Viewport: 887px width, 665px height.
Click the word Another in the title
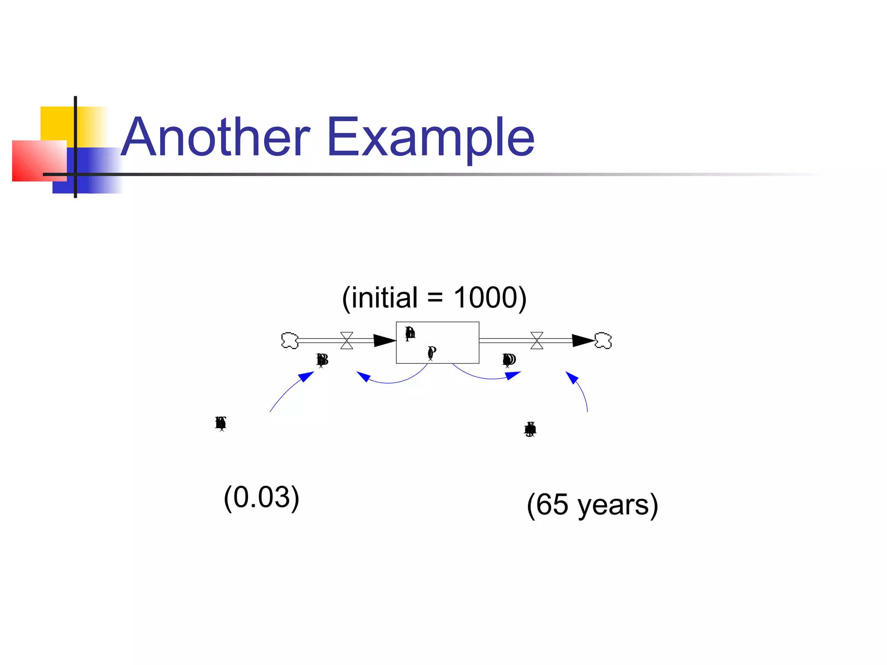pyautogui.click(x=215, y=138)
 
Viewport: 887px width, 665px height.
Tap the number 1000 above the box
pyautogui.click(x=485, y=298)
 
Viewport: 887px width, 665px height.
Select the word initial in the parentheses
pyautogui.click(x=384, y=298)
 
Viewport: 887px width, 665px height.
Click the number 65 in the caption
pyautogui.click(x=552, y=505)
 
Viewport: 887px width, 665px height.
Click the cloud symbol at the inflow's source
pyautogui.click(x=290, y=340)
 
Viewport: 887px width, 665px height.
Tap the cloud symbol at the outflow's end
pyautogui.click(x=603, y=340)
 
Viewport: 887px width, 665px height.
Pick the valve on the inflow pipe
pyautogui.click(x=346, y=340)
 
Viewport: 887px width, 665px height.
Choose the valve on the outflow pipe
pyautogui.click(x=537, y=340)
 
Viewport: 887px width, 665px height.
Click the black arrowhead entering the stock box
pyautogui.click(x=384, y=340)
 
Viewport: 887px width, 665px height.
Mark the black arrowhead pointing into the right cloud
pyautogui.click(x=583, y=340)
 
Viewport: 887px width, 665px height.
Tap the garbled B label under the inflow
pyautogui.click(x=322, y=360)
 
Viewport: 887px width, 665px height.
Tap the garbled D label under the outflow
pyautogui.click(x=509, y=360)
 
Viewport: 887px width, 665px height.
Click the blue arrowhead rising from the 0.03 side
pyautogui.click(x=307, y=376)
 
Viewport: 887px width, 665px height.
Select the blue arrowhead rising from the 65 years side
pyautogui.click(x=572, y=378)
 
